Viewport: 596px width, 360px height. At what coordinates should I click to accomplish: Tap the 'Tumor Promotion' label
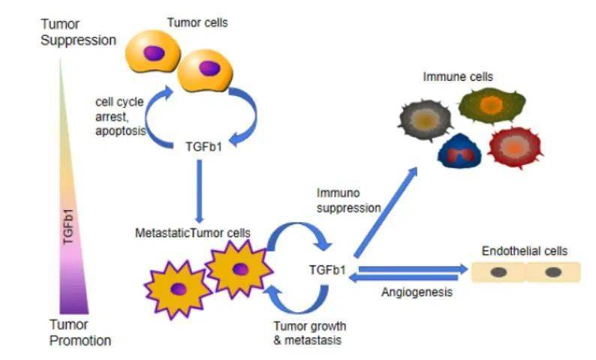[x=79, y=333]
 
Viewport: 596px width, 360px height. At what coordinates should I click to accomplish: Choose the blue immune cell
[x=459, y=148]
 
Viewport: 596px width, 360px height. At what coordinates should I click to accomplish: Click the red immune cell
[x=514, y=145]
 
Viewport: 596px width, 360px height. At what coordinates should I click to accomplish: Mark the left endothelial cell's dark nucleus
[x=498, y=272]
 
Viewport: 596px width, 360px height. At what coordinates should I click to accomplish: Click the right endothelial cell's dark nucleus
[x=552, y=272]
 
